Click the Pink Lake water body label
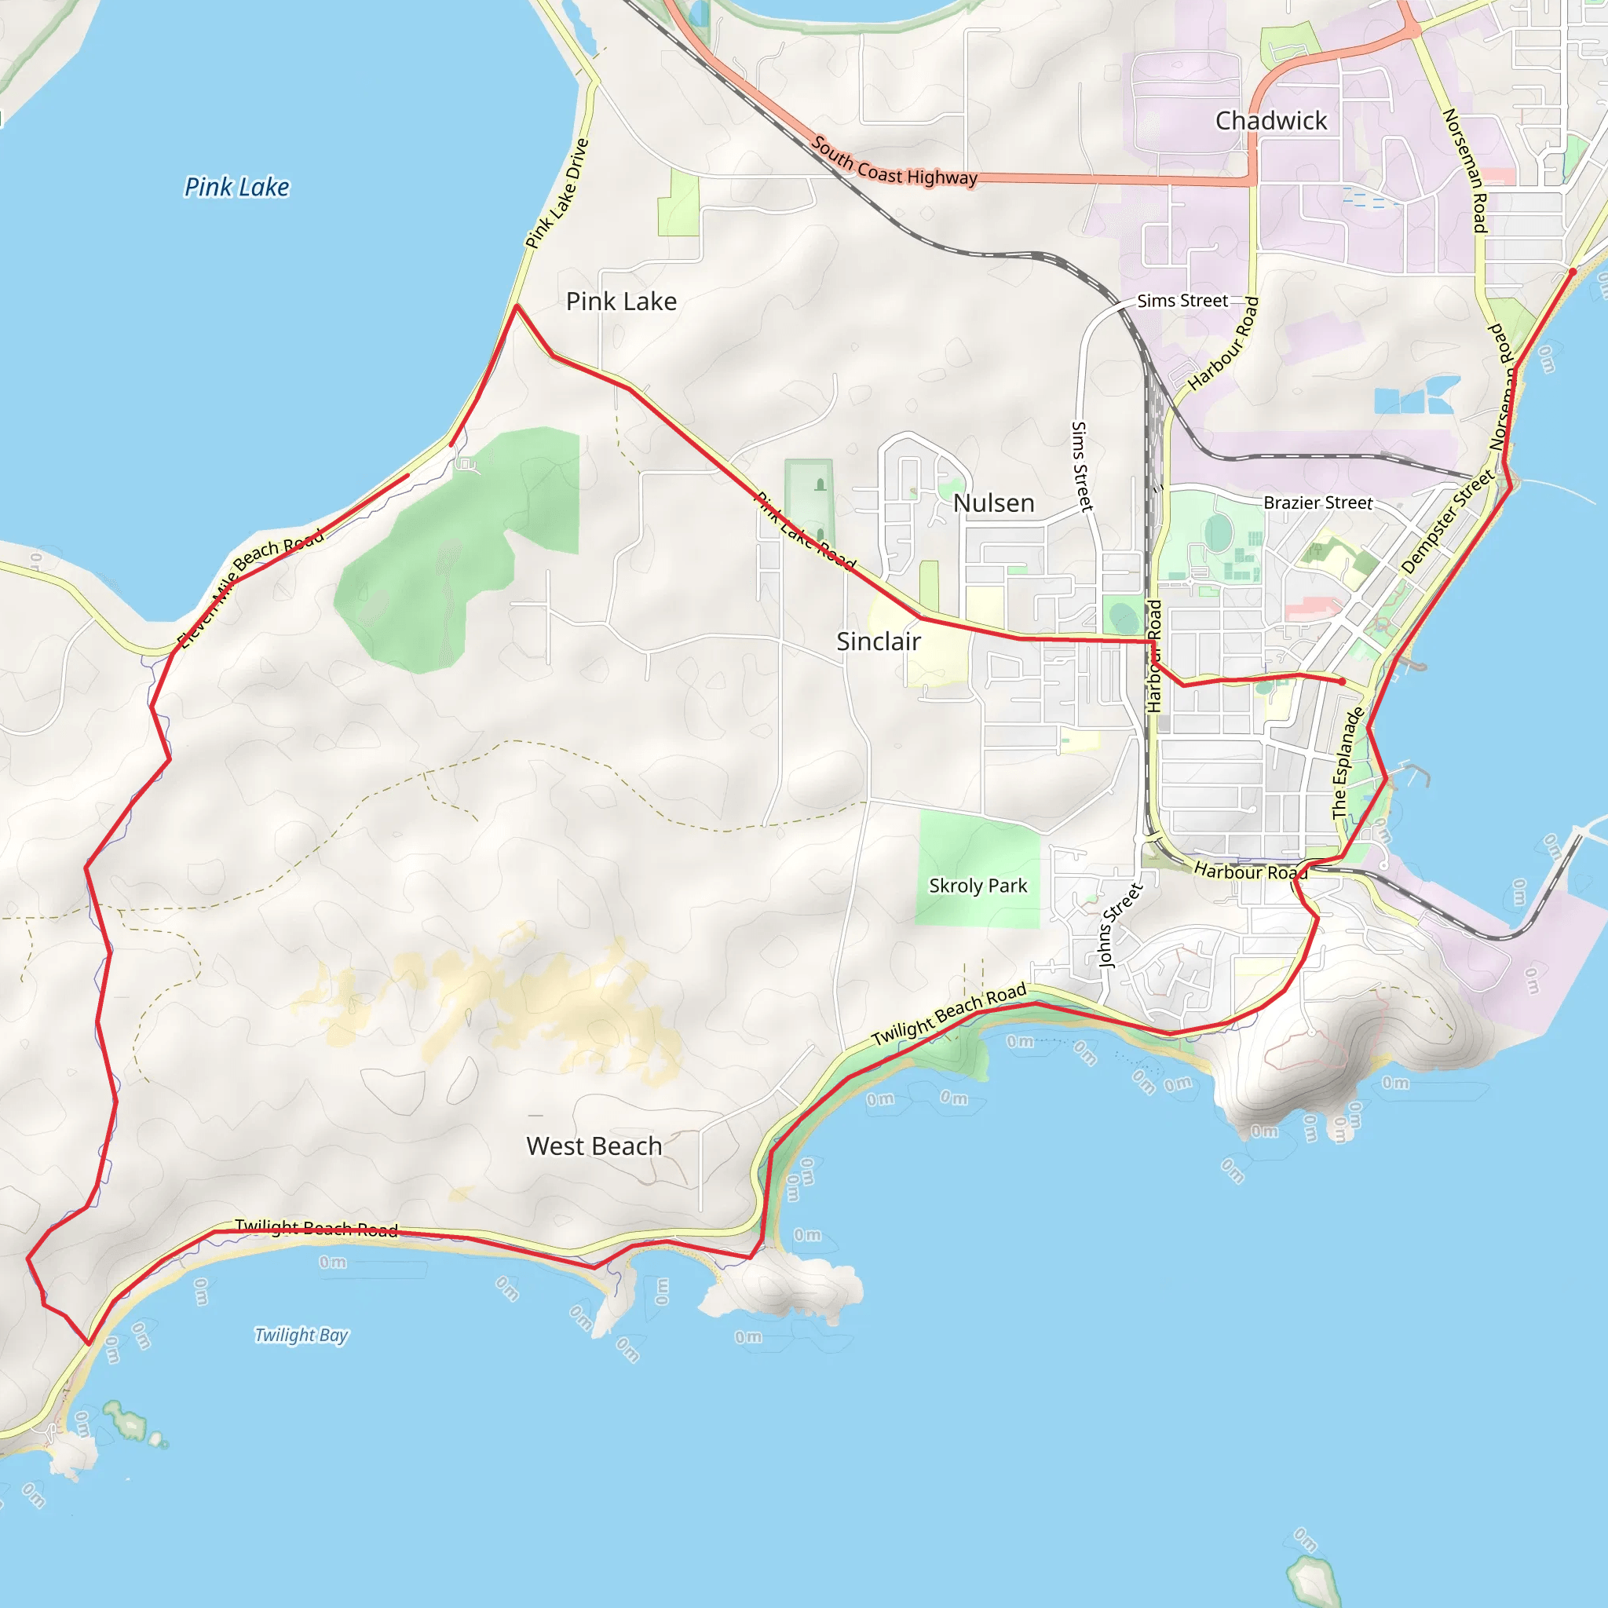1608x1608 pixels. pos(237,188)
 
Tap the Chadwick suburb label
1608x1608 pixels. pos(1271,121)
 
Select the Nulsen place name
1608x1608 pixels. pos(994,502)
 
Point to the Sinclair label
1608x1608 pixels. pos(878,641)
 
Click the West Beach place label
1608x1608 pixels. pos(594,1146)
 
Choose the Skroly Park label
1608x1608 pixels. pos(978,886)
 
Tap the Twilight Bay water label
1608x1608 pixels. pos(301,1335)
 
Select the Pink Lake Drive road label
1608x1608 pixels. pos(557,194)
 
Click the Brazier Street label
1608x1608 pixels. pos(1317,502)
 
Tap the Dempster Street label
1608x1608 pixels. pos(1448,522)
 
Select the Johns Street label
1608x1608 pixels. pos(1120,925)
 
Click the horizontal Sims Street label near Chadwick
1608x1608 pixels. pos(1182,301)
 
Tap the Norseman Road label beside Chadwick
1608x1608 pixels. pos(1465,170)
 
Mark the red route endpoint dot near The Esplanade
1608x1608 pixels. pos(1343,682)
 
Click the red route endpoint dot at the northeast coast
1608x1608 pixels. pos(1572,272)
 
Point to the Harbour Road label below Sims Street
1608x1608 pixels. pos(1223,344)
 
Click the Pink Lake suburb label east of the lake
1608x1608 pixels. pos(621,301)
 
